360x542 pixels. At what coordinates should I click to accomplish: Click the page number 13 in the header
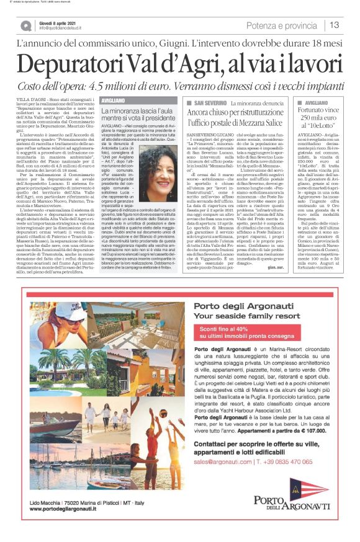tap(335, 25)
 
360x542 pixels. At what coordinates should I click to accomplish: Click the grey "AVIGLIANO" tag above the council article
tap(115, 99)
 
